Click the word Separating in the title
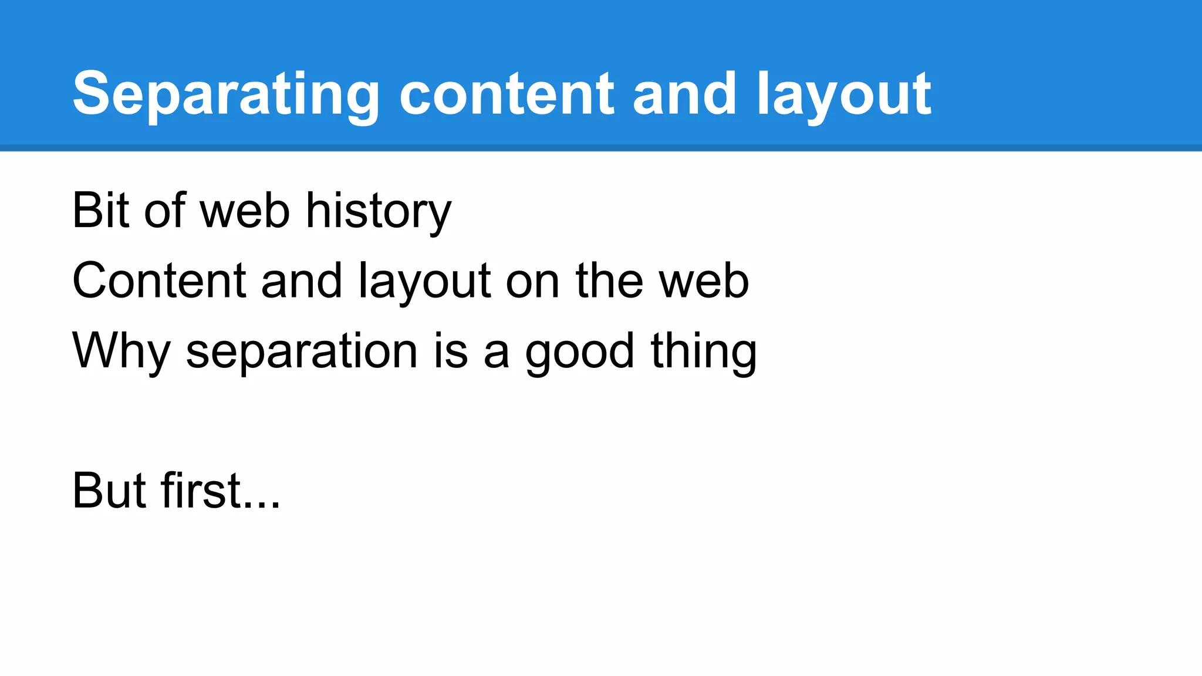pos(226,94)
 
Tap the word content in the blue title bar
pos(507,94)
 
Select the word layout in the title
pos(843,94)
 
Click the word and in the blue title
pos(684,94)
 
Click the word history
pos(379,211)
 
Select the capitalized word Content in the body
pos(158,280)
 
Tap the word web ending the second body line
pos(704,280)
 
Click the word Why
pos(121,351)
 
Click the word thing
pos(704,351)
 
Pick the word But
pos(109,491)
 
